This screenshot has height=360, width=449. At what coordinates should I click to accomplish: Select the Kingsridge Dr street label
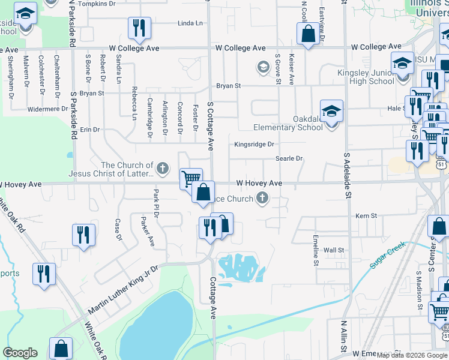coord(254,144)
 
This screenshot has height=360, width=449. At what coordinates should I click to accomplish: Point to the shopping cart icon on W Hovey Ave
coord(191,178)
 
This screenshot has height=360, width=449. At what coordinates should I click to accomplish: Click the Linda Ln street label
coord(190,23)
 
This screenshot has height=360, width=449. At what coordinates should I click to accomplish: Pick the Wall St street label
coord(334,250)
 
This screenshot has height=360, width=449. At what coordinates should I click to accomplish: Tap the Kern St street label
coord(366,215)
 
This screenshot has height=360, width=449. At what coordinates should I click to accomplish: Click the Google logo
coord(20,353)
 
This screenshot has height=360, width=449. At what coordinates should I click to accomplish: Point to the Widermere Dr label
coord(48,109)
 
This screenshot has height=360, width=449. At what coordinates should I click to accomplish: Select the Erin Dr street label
coord(89,129)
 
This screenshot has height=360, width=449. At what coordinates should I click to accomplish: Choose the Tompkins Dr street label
coord(97,4)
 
